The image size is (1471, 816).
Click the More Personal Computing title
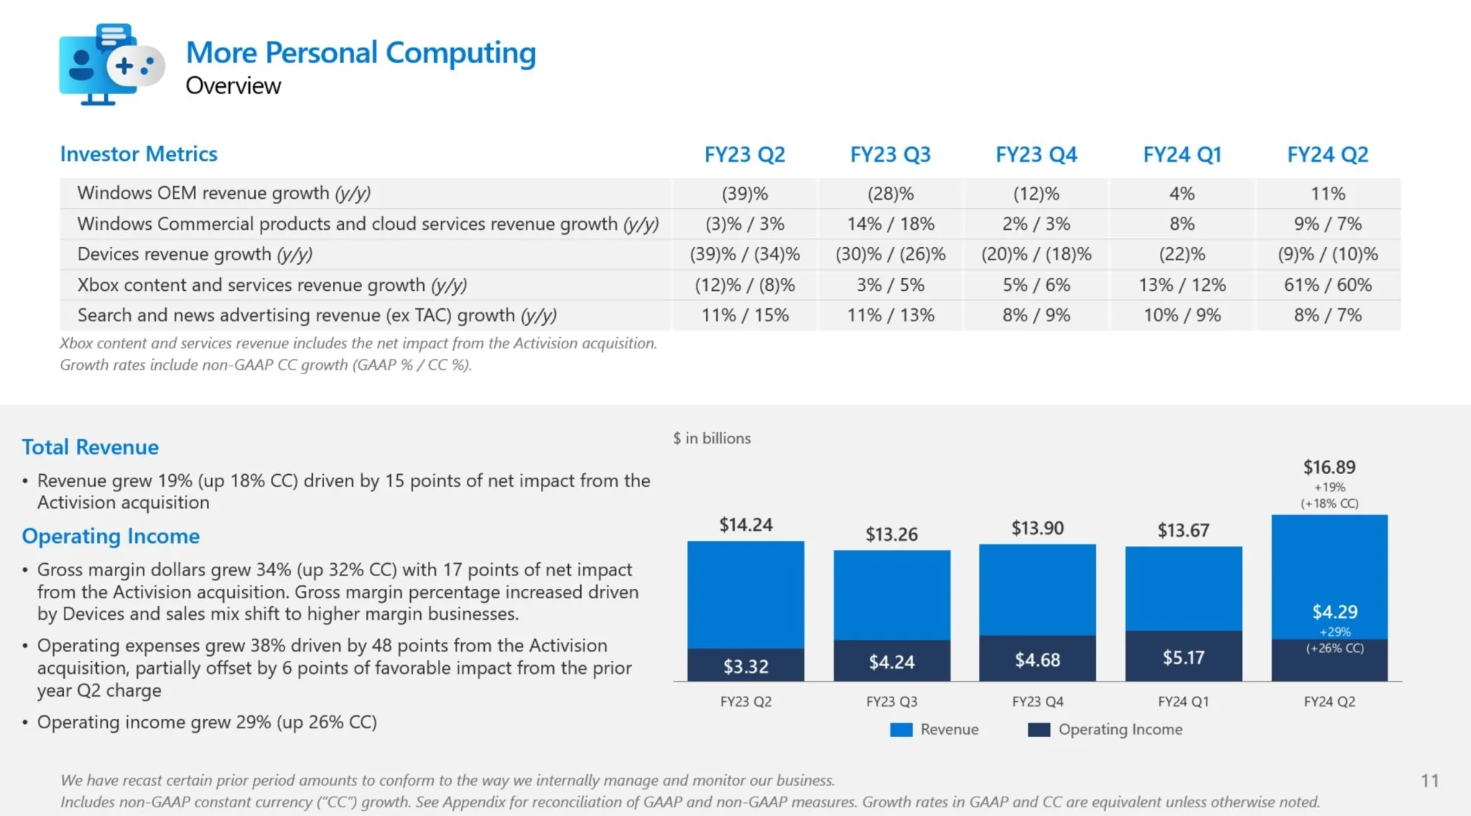click(361, 53)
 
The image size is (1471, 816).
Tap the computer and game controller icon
click(111, 65)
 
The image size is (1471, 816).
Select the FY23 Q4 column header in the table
click(1036, 154)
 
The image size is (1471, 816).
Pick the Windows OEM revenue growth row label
click(223, 193)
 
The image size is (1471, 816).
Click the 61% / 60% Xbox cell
click(1327, 285)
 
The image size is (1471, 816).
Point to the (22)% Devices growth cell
click(1182, 254)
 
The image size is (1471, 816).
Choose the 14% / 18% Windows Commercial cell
click(891, 224)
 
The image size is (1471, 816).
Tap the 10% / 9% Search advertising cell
click(1182, 315)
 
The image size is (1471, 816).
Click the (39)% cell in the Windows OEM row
click(745, 194)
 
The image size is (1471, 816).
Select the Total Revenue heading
click(90, 447)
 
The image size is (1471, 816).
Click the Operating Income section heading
click(111, 536)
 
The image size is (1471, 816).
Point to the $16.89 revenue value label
click(1329, 468)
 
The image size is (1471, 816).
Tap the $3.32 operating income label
click(746, 667)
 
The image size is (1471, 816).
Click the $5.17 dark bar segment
click(1183, 657)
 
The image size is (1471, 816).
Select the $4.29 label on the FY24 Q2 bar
click(1335, 612)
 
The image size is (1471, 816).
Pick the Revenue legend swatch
click(901, 730)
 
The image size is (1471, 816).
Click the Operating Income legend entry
click(1105, 730)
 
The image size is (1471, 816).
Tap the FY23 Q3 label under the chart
click(891, 702)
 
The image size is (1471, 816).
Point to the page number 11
click(1429, 781)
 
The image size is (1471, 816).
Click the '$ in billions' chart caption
click(711, 438)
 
